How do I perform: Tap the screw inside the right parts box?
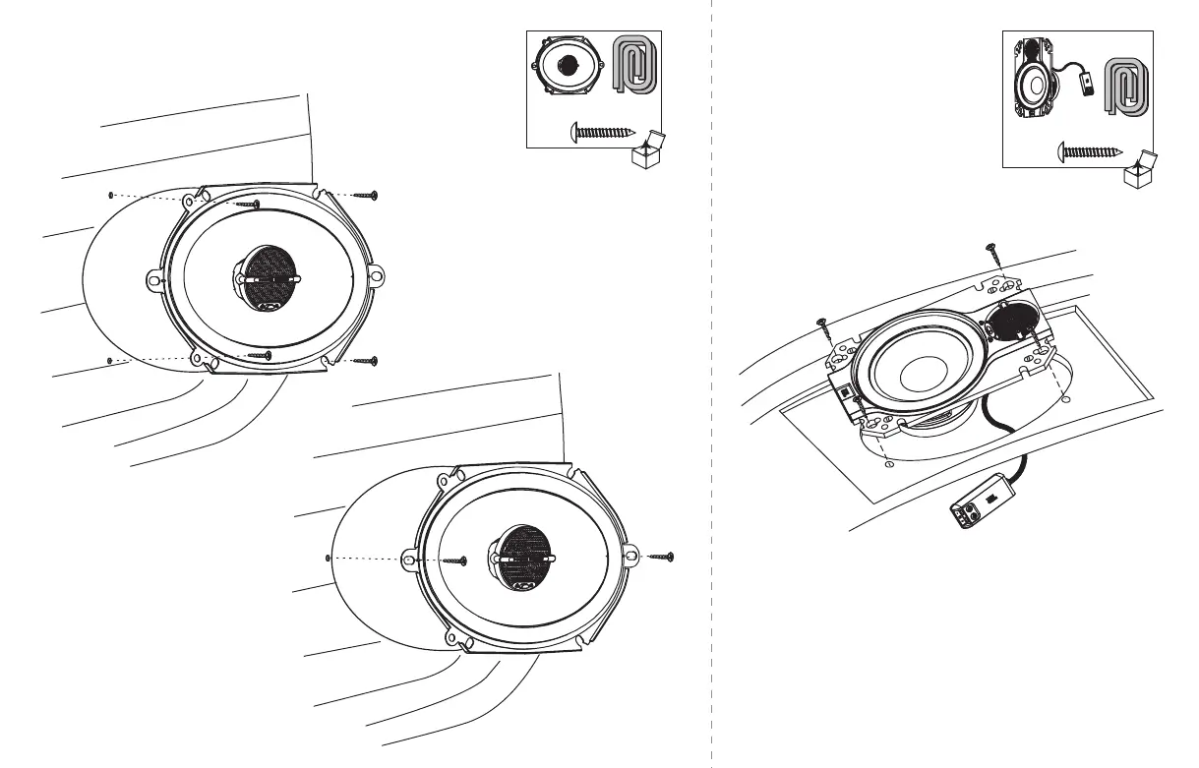[1090, 152]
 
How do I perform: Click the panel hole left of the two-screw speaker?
[327, 557]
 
